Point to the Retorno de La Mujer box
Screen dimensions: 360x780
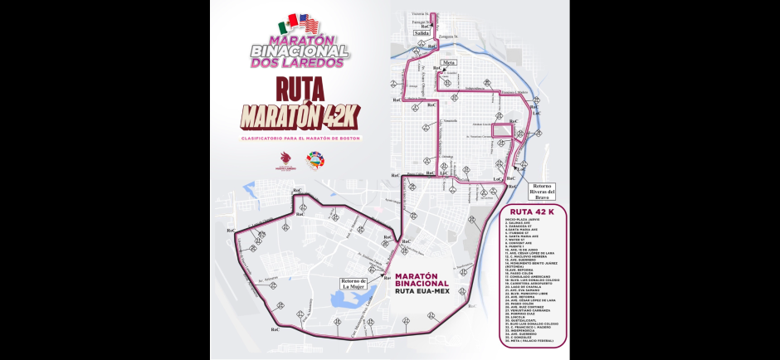pos(353,284)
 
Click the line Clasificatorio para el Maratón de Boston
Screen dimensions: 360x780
pos(300,136)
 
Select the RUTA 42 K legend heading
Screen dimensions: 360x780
pos(532,212)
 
